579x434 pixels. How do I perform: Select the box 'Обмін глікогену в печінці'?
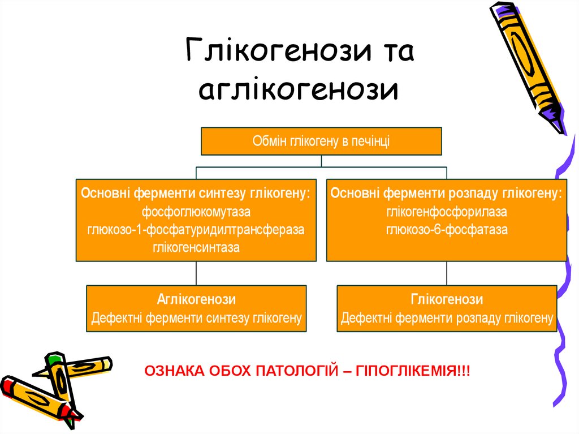click(321, 141)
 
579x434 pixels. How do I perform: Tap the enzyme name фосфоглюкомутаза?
click(196, 213)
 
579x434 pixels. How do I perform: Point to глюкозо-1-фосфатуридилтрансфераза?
click(196, 230)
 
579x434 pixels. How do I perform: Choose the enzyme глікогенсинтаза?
click(196, 247)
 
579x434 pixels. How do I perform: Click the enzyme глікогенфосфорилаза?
click(447, 213)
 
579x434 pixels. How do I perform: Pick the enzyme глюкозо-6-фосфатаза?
click(447, 230)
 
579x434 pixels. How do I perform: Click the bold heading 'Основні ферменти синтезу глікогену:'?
click(196, 194)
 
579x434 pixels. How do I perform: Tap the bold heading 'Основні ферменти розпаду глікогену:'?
click(447, 194)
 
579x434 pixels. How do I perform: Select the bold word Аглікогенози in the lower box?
click(196, 299)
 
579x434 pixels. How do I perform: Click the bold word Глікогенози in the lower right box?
click(447, 299)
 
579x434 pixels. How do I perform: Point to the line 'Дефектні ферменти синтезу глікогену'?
click(196, 319)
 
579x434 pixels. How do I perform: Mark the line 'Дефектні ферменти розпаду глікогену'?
click(447, 319)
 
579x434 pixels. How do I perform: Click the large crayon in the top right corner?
click(525, 62)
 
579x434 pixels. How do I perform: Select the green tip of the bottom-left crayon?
click(54, 358)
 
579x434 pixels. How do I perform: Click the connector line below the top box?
click(321, 161)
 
